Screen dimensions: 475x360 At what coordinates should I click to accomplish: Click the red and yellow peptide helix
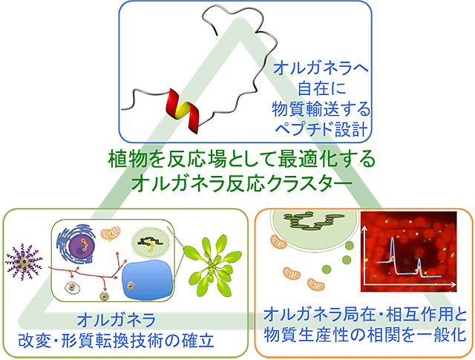click(182, 111)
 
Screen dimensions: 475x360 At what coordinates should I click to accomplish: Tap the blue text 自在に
click(321, 88)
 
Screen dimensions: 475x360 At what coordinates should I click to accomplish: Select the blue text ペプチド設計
click(321, 129)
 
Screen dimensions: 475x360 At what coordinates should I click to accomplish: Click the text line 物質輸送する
click(321, 109)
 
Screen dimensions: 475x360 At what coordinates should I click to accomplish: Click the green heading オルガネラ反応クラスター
click(242, 183)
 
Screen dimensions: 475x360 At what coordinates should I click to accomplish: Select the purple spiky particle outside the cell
click(24, 262)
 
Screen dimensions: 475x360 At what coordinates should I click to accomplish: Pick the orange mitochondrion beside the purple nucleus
click(111, 234)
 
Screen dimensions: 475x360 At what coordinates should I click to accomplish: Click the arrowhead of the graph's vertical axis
click(365, 229)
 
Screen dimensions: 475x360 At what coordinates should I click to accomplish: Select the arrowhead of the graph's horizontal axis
click(453, 284)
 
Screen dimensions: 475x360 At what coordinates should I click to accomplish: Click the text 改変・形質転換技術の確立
click(117, 341)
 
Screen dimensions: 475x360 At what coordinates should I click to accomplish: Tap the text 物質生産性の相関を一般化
click(364, 335)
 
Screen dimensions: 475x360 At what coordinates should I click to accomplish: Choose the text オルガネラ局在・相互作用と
click(364, 314)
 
